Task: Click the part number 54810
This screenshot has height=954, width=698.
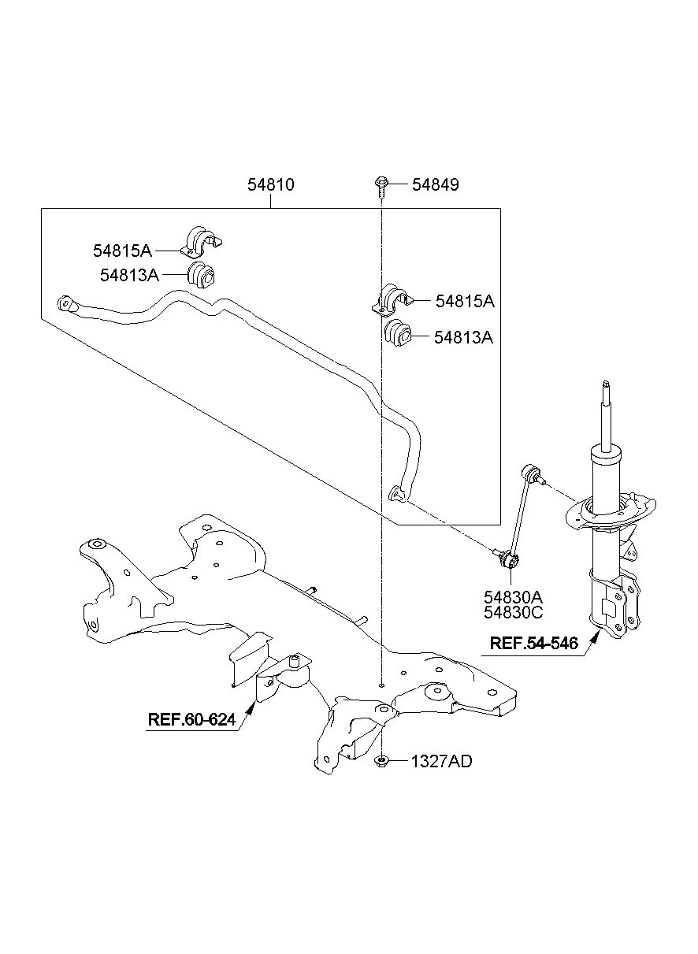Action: (271, 185)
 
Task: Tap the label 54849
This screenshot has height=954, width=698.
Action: (435, 185)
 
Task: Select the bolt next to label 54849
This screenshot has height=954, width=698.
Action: (380, 187)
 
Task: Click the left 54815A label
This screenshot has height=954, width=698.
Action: (122, 251)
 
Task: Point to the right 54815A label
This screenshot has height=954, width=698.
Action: (465, 302)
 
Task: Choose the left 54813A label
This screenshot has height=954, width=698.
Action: (129, 276)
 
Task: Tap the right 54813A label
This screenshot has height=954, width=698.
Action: (463, 338)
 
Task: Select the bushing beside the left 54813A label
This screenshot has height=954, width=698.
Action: (202, 275)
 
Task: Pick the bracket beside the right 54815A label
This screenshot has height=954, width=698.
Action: (392, 300)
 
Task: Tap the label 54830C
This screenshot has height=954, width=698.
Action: (513, 612)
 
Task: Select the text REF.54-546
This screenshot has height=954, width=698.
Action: (534, 655)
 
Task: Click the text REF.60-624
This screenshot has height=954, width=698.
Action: (191, 719)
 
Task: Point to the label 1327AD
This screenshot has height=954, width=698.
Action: (442, 762)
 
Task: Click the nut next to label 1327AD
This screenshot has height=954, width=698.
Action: (381, 761)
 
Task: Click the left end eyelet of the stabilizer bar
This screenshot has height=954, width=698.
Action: (67, 303)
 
